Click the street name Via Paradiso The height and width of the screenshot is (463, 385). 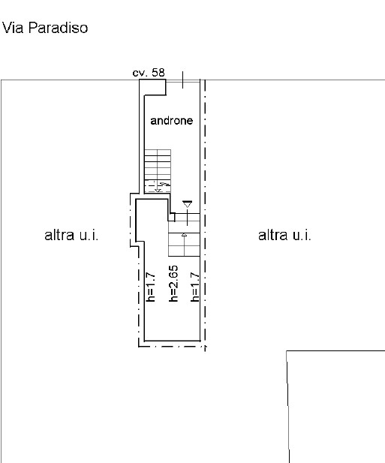click(45, 28)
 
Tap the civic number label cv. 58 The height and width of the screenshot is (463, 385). click(149, 73)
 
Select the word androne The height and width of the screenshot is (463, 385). click(172, 121)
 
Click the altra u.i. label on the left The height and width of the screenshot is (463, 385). click(71, 236)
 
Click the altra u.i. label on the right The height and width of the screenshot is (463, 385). click(284, 236)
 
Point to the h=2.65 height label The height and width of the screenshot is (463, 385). click(173, 284)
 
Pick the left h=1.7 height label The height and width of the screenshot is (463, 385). click(151, 287)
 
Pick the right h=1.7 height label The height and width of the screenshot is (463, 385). click(194, 287)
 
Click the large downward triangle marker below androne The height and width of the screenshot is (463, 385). click(187, 204)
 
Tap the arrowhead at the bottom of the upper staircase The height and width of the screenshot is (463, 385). click(158, 190)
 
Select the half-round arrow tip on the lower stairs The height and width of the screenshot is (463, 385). click(184, 234)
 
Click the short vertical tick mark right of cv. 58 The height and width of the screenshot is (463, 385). click(183, 80)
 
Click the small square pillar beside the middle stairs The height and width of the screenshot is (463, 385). click(172, 217)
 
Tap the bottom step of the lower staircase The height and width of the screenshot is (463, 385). click(184, 254)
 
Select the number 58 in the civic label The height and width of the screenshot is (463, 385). click(158, 73)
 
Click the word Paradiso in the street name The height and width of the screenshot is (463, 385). click(59, 28)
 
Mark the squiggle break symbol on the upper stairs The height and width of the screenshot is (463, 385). click(166, 185)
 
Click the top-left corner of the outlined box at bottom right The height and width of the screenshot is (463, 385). click(287, 350)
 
